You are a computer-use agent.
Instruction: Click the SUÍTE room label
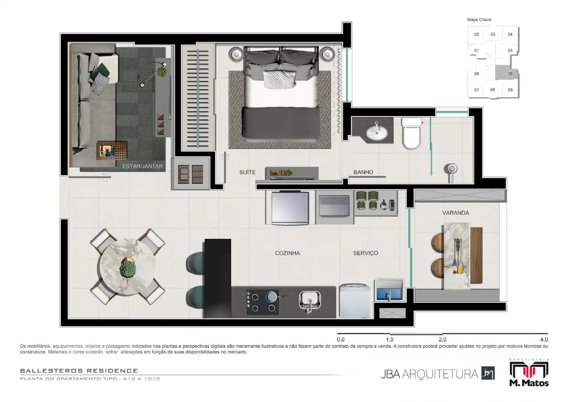[247, 172]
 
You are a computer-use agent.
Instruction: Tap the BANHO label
[363, 172]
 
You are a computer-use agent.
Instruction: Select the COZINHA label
[287, 253]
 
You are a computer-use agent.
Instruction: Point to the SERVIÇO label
[365, 253]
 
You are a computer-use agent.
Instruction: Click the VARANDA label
[456, 213]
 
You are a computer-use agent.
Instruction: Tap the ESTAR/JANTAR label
[143, 166]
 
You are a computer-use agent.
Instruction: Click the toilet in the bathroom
[411, 134]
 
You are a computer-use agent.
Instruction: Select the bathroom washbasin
[377, 132]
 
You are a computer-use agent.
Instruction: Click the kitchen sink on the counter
[310, 302]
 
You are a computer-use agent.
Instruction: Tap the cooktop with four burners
[262, 302]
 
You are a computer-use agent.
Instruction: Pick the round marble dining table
[128, 267]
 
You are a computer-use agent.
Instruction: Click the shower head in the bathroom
[451, 169]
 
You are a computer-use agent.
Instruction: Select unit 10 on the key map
[510, 74]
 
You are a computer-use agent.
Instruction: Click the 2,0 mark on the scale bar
[442, 339]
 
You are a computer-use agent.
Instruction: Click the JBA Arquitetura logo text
[429, 374]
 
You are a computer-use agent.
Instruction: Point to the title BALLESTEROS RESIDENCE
[79, 371]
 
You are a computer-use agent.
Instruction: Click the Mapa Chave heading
[479, 20]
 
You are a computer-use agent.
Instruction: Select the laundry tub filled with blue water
[389, 290]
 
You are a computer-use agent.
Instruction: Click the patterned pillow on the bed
[280, 79]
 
